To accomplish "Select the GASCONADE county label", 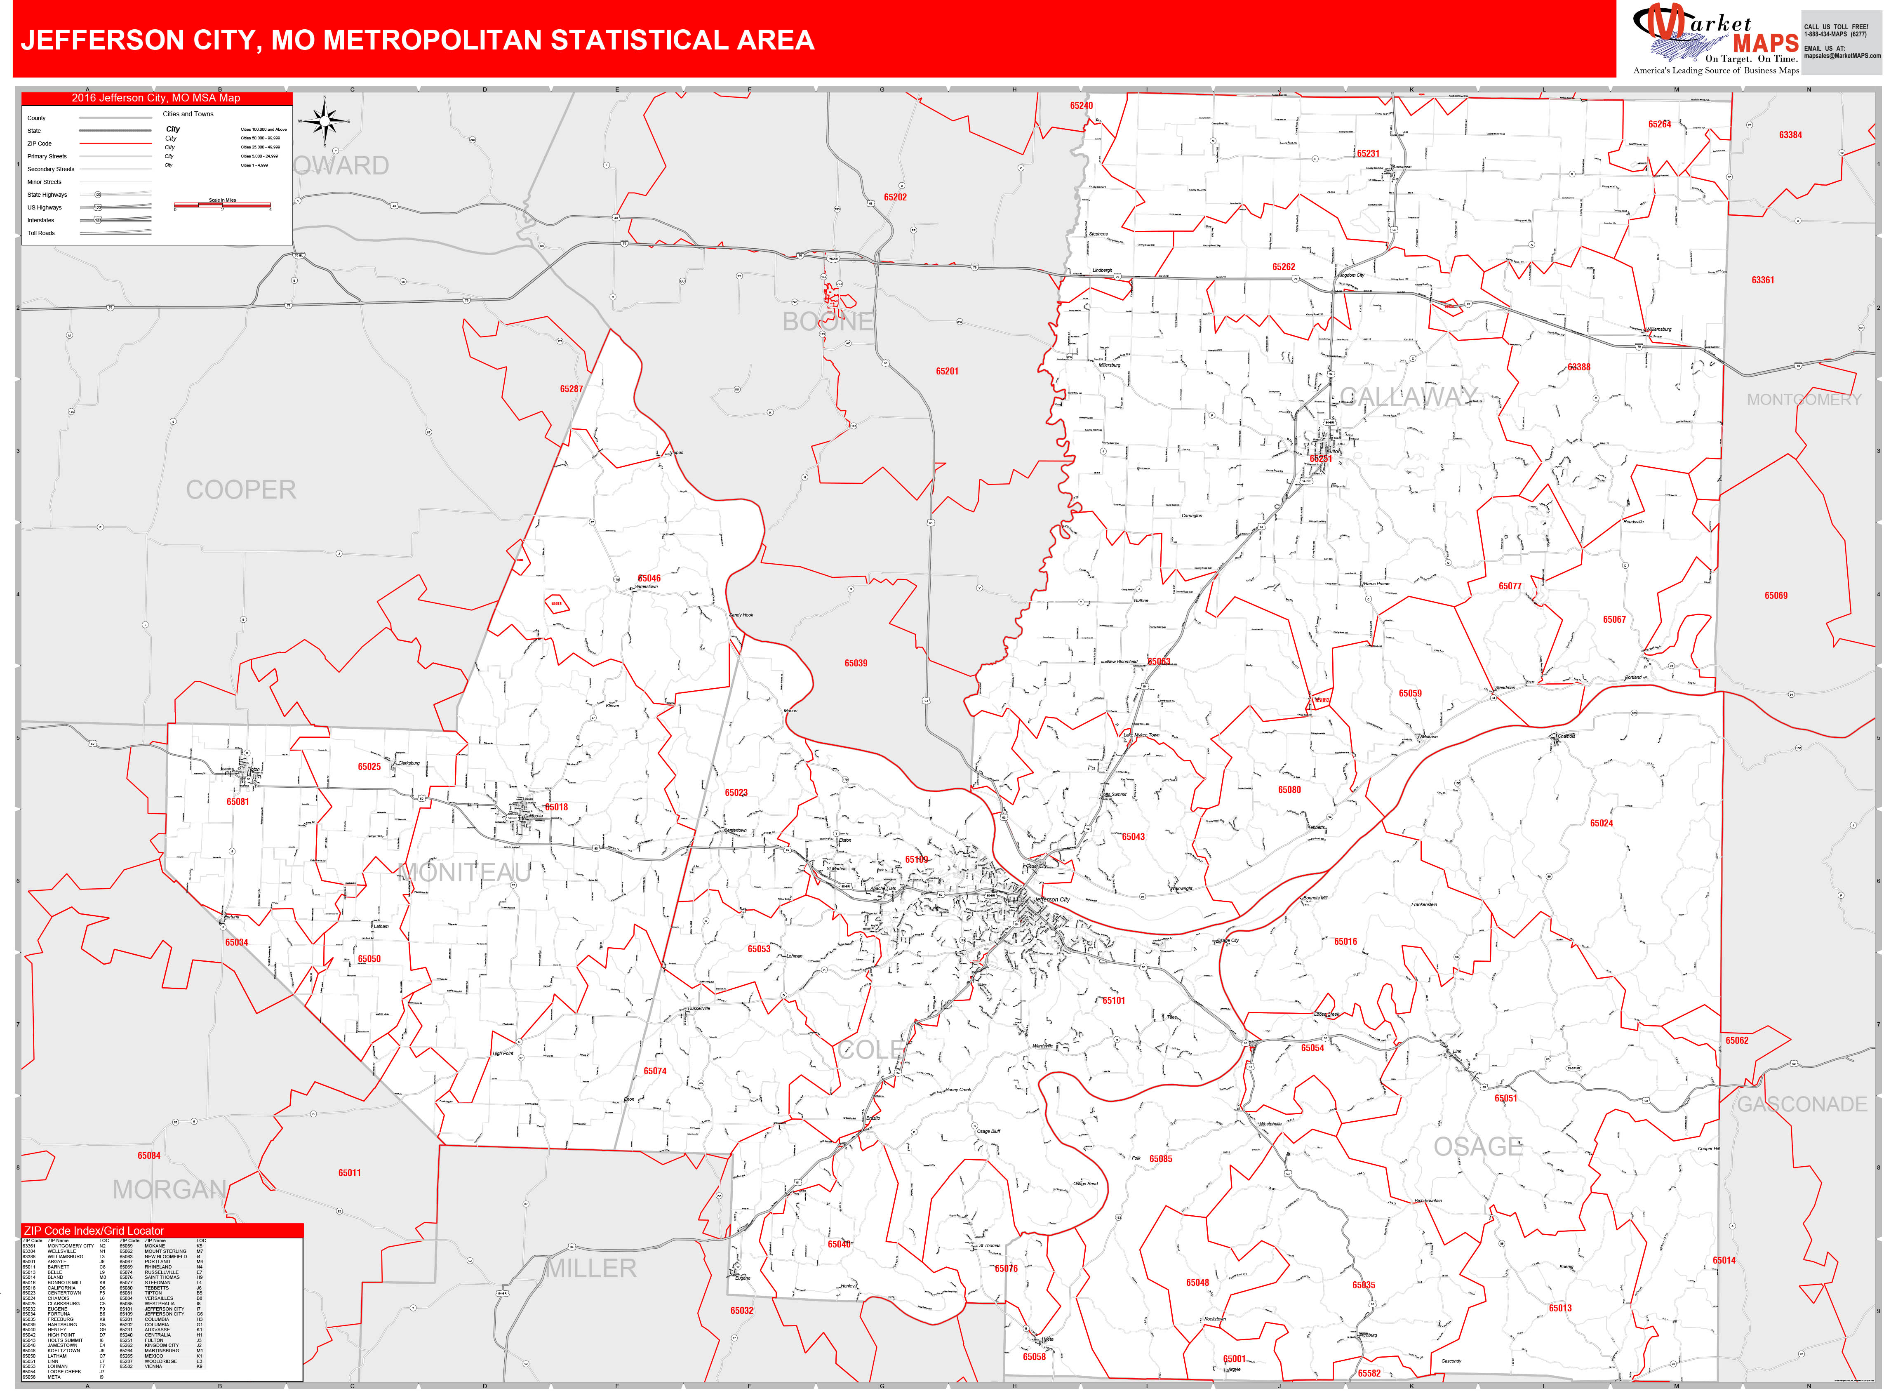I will pyautogui.click(x=1802, y=1104).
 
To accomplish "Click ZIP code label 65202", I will pyautogui.click(x=895, y=197).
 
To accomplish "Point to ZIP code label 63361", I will pyautogui.click(x=1762, y=280).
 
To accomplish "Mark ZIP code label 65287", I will pyautogui.click(x=571, y=389).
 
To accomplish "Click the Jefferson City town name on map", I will pyautogui.click(x=1052, y=899).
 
